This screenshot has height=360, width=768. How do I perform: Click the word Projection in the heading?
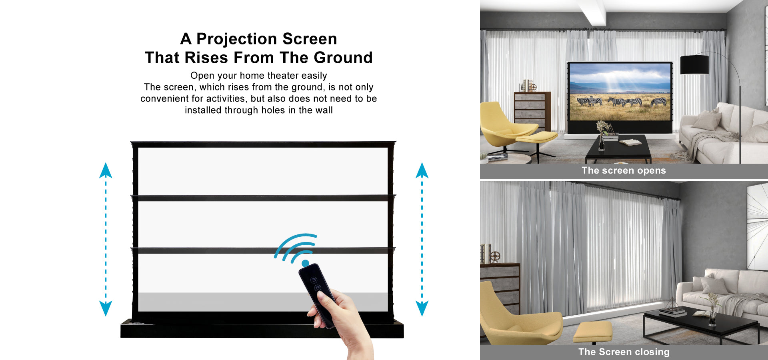coord(237,39)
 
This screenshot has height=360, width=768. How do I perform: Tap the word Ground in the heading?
coord(343,58)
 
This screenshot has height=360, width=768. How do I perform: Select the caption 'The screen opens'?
coord(624,170)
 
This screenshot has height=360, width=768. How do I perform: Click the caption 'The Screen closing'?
coord(624,352)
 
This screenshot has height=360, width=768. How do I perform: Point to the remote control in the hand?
coord(317,294)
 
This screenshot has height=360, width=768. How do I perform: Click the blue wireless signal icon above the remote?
coord(296,250)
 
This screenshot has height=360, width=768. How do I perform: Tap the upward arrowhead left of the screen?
coord(106,170)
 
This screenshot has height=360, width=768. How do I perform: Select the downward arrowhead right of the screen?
coord(422,308)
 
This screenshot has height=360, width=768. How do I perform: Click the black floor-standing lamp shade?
coord(694,64)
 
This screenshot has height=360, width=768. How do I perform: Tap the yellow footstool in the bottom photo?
coord(592,332)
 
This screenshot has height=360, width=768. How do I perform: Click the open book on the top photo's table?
coord(630,142)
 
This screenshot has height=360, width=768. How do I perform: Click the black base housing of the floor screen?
coord(262,329)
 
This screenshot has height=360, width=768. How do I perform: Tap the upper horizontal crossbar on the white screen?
coord(263,198)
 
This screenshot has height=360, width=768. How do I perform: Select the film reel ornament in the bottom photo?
coord(495,256)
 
